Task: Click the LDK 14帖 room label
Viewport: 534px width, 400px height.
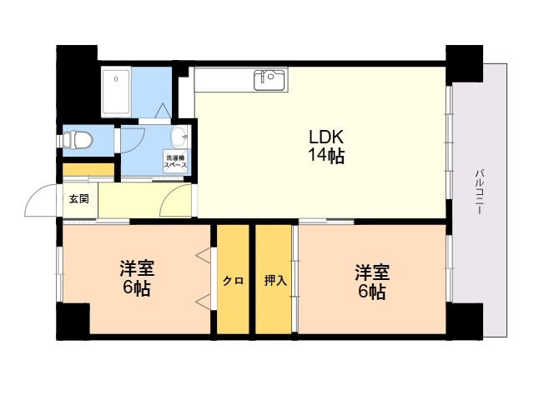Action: (326, 147)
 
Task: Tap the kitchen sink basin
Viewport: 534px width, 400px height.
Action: (269, 80)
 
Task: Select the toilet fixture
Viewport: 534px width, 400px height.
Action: (76, 140)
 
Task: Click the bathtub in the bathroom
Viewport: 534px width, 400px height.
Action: (116, 92)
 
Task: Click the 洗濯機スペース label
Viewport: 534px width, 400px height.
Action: (176, 161)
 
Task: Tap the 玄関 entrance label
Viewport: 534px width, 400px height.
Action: (79, 198)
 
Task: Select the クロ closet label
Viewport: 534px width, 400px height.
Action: (234, 281)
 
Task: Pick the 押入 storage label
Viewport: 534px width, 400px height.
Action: (275, 281)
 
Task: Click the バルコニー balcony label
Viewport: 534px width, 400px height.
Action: (479, 191)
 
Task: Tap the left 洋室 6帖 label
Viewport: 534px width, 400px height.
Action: (137, 278)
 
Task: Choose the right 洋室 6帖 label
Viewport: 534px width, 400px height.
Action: (372, 282)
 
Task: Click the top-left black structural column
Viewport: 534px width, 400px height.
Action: (76, 83)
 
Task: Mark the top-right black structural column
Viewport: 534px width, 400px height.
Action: (465, 63)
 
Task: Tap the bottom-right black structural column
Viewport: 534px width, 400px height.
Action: (465, 322)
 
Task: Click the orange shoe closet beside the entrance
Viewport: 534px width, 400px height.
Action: (88, 170)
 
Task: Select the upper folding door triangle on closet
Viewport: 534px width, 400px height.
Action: (204, 256)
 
